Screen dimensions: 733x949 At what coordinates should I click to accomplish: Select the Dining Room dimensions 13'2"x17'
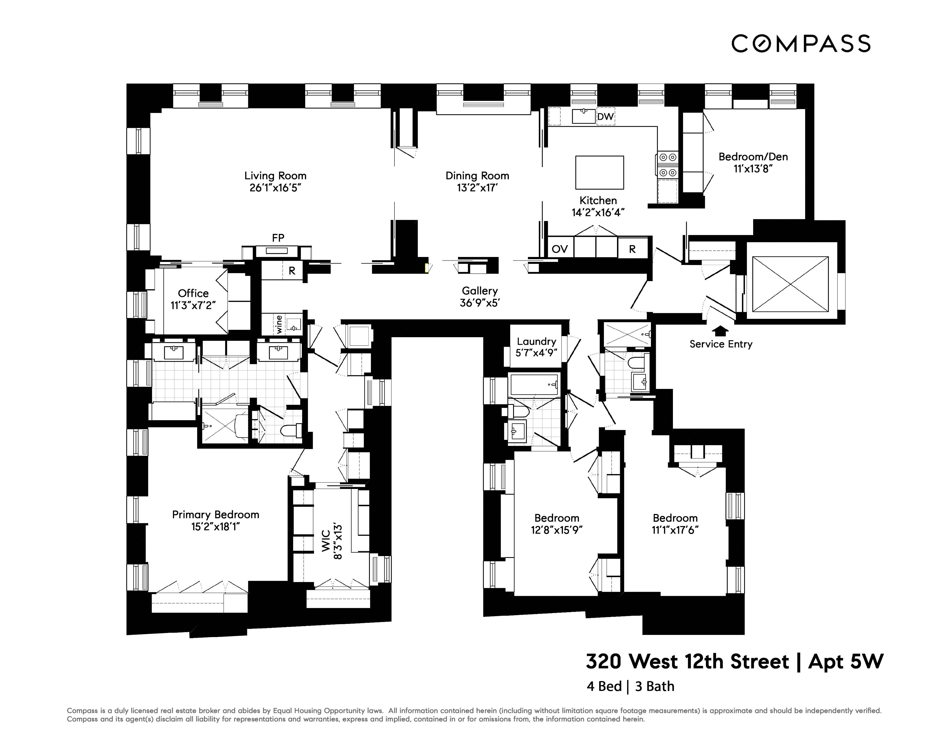[477, 188]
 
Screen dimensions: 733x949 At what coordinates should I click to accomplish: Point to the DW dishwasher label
[605, 117]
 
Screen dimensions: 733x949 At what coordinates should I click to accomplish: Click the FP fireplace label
[278, 238]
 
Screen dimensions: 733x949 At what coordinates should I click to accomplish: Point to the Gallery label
[480, 291]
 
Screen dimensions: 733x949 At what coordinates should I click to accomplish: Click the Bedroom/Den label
[753, 157]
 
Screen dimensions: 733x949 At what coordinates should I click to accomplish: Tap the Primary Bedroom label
[215, 515]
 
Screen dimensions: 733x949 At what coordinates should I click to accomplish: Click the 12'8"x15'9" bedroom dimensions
[557, 530]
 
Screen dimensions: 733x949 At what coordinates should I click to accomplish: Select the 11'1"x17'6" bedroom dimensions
[675, 530]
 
